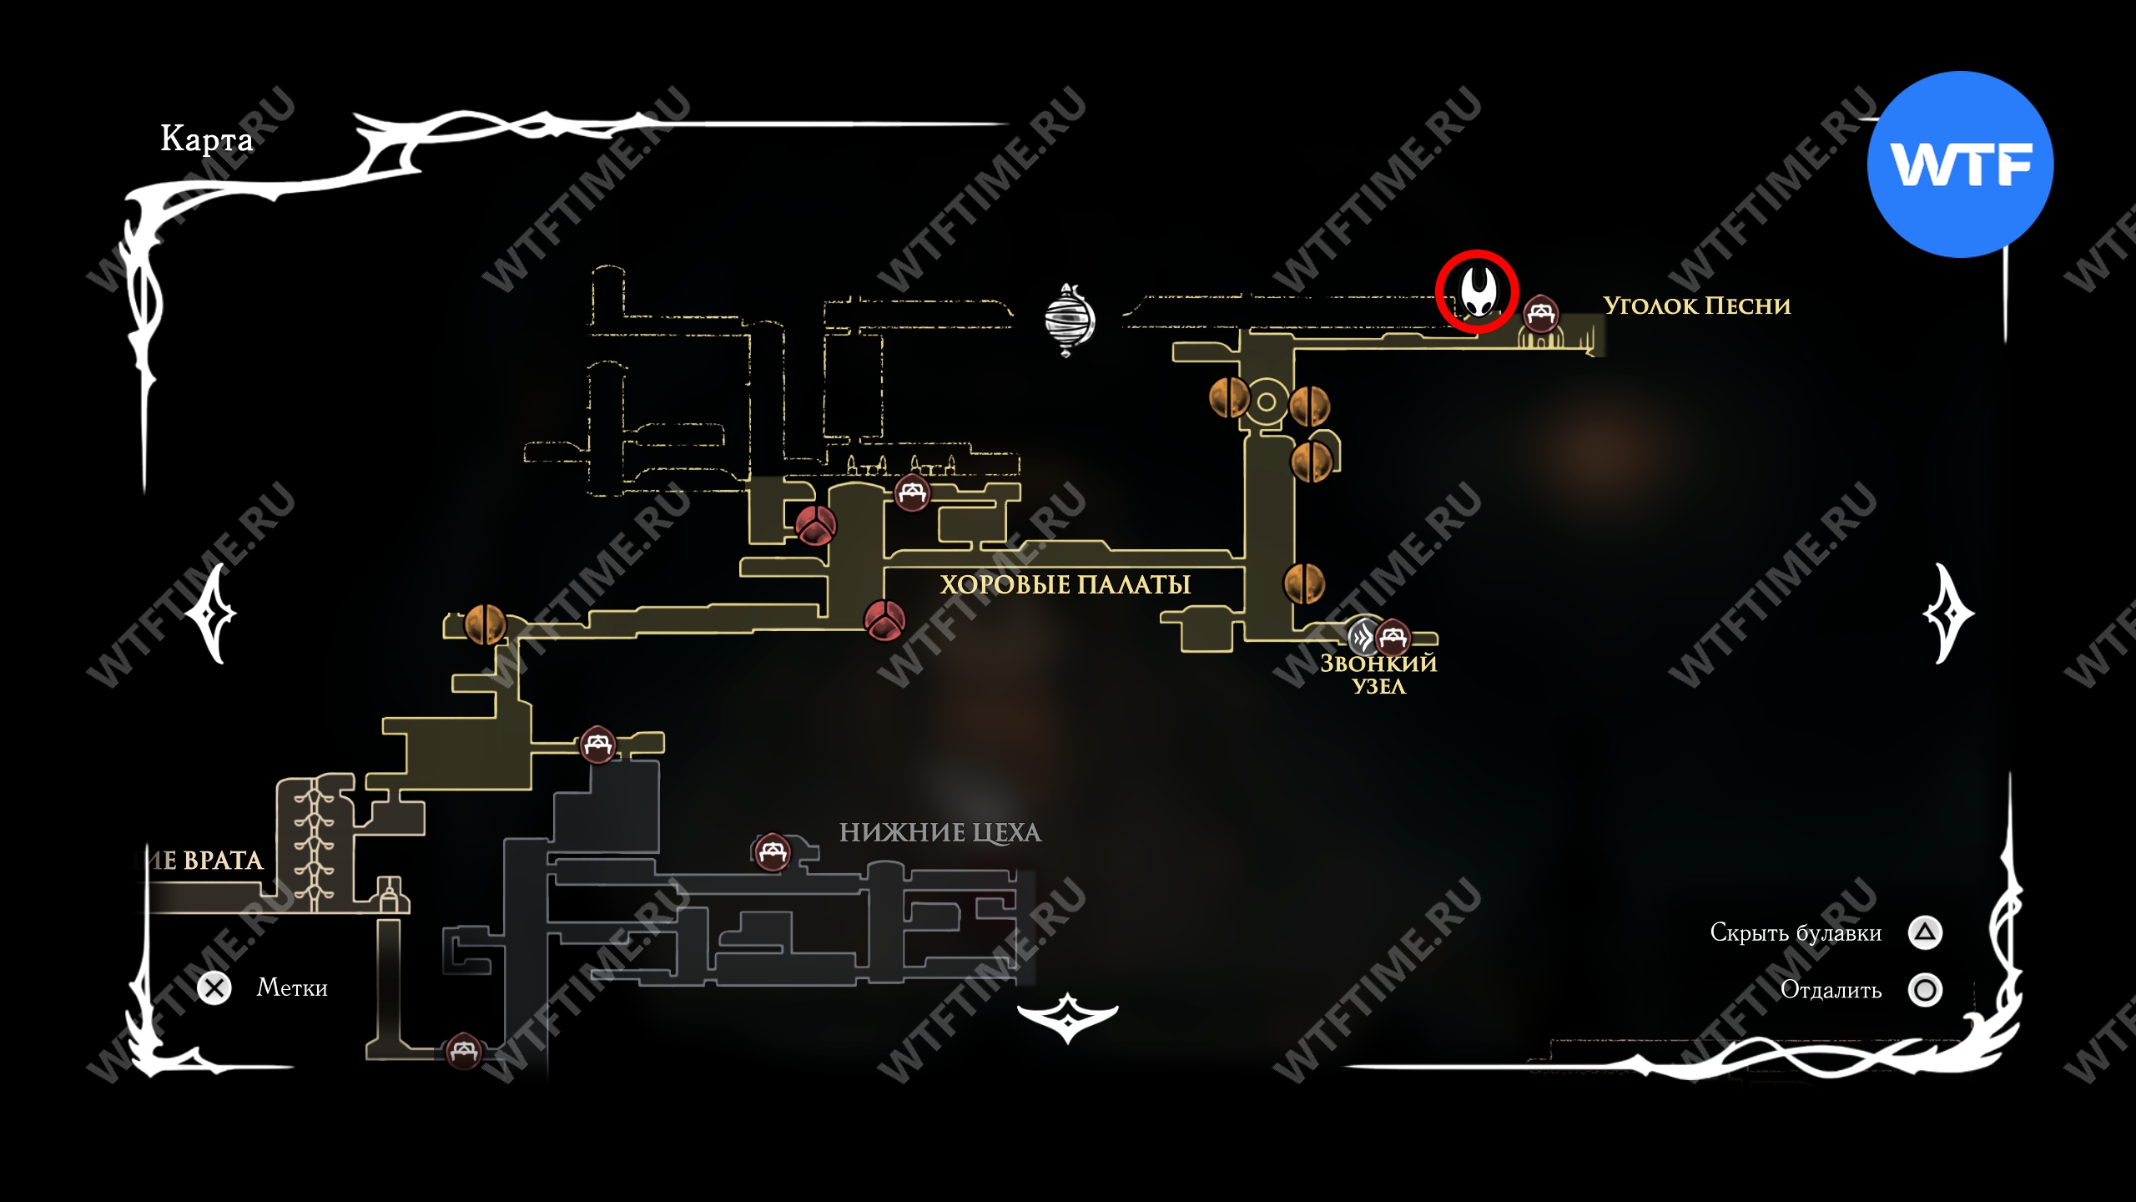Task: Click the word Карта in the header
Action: tap(206, 139)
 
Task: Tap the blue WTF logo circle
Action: tap(1960, 164)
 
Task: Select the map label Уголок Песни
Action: tap(1696, 306)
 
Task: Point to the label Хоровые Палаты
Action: tap(1065, 584)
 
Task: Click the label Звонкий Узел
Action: tap(1378, 674)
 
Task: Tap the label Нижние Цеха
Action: tap(940, 832)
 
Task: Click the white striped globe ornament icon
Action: tap(1069, 320)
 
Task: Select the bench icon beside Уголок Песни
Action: tap(1540, 314)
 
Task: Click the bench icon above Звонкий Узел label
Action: tap(1392, 639)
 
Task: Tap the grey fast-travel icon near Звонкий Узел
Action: tap(1363, 639)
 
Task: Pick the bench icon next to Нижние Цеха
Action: tap(772, 851)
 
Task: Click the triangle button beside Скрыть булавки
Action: tap(1925, 932)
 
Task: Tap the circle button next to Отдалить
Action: tap(1925, 990)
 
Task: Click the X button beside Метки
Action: tap(214, 988)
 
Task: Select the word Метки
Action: tap(292, 988)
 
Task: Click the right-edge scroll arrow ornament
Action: tap(1949, 614)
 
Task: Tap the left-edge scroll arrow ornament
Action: tap(211, 614)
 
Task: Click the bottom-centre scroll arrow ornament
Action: tap(1068, 1017)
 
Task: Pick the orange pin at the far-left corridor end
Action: tap(484, 624)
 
